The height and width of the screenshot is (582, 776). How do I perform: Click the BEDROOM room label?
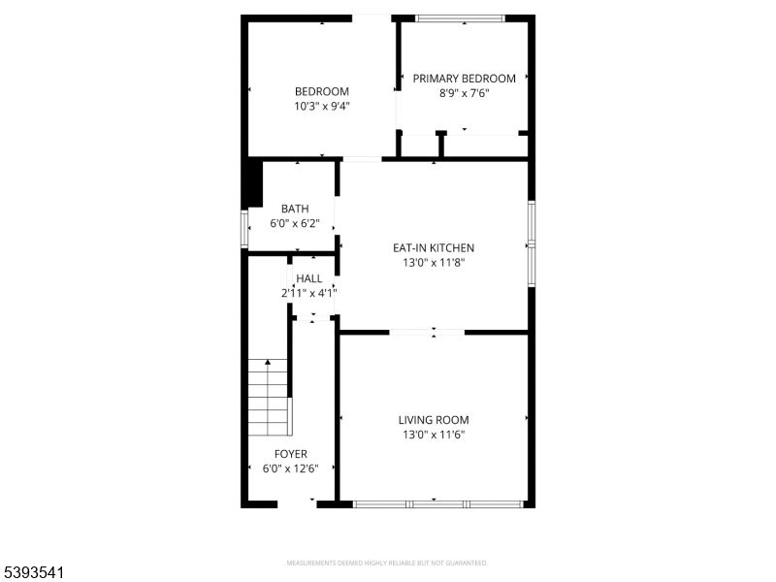coord(322,92)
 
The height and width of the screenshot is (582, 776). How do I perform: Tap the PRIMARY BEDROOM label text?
coord(464,79)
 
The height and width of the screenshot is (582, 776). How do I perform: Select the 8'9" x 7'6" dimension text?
coord(464,94)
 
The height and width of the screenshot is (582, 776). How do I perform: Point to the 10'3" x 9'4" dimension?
coord(322,107)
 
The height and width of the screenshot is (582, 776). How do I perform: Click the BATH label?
coord(295,209)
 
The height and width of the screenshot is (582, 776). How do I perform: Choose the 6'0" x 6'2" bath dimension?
coord(295,223)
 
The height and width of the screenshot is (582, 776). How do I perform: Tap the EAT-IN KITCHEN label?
coord(433,247)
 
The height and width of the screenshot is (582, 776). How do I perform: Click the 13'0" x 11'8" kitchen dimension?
coord(433,262)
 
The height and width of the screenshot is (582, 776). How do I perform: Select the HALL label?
coord(309,278)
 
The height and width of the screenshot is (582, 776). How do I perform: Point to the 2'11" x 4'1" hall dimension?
coord(309,293)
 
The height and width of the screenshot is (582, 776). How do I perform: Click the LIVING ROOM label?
coord(434,420)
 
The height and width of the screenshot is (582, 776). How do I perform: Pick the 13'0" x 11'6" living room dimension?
coord(434,435)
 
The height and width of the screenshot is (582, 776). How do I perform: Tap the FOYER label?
coord(291,454)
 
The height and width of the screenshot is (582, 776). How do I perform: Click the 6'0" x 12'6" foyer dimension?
coord(291,469)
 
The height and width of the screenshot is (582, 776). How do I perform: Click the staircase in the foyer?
coord(270,398)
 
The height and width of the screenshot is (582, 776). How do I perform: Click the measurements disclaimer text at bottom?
coord(387,563)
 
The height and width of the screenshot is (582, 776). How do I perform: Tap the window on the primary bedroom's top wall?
coord(460,17)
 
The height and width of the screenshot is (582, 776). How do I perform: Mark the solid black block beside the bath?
coord(254,182)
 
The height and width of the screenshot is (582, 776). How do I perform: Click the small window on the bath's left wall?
coord(244,229)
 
